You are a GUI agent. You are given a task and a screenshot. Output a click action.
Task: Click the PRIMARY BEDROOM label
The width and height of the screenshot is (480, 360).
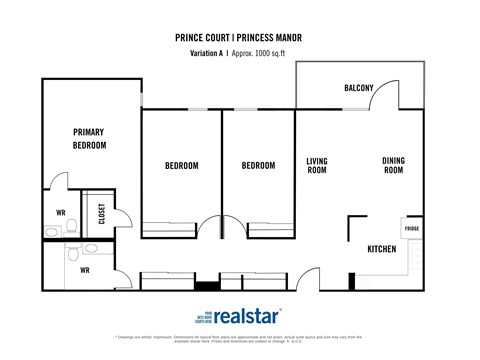(x=89, y=138)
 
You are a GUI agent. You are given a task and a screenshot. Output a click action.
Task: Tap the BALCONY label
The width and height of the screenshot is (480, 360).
(x=359, y=88)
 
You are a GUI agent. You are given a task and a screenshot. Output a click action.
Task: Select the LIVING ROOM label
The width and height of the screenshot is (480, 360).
(x=317, y=165)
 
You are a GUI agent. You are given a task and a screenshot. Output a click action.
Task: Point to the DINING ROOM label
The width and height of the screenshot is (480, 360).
(x=393, y=165)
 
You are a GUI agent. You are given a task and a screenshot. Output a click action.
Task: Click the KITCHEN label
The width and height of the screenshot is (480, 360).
(x=382, y=248)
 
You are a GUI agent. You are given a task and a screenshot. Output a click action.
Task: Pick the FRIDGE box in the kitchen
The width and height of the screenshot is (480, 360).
(x=412, y=229)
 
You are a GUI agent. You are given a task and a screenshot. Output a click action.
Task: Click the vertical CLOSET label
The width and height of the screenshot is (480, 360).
(x=101, y=214)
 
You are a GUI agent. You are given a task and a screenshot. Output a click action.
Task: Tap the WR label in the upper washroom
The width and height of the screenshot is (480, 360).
(x=60, y=212)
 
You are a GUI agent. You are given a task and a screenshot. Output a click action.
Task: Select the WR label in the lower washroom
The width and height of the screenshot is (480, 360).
(x=85, y=269)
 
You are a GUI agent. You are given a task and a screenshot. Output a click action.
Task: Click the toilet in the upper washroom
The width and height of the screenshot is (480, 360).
(x=62, y=184)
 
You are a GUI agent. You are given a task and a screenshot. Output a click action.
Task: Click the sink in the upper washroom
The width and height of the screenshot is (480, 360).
(x=50, y=232)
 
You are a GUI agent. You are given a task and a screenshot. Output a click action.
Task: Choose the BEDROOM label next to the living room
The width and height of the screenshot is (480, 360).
(x=260, y=165)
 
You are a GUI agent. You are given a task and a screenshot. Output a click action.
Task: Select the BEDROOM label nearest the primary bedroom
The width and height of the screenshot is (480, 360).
(x=180, y=165)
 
